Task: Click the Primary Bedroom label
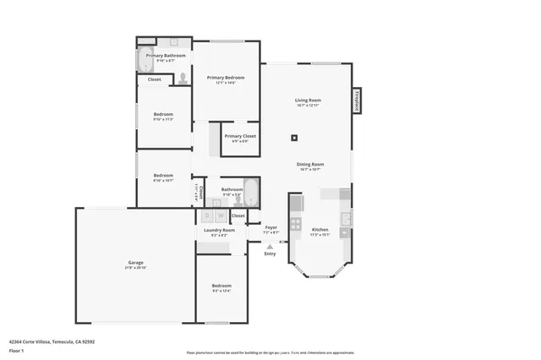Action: tap(226, 78)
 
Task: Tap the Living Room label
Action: tap(307, 100)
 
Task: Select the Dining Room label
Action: tap(309, 165)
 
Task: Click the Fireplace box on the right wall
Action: tap(357, 100)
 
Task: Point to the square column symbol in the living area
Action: tap(294, 138)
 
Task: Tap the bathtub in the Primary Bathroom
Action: tap(145, 60)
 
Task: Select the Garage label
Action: tap(135, 263)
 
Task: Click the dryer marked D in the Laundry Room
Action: tap(208, 216)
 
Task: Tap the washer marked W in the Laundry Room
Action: tap(221, 216)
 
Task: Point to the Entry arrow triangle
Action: tap(270, 246)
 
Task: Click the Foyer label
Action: tap(270, 227)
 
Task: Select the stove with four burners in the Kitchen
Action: tap(295, 224)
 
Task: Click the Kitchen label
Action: tap(320, 230)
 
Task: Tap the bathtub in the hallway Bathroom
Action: tap(251, 194)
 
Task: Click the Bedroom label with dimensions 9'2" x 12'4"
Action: tap(221, 286)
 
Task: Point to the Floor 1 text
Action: tap(16, 350)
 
